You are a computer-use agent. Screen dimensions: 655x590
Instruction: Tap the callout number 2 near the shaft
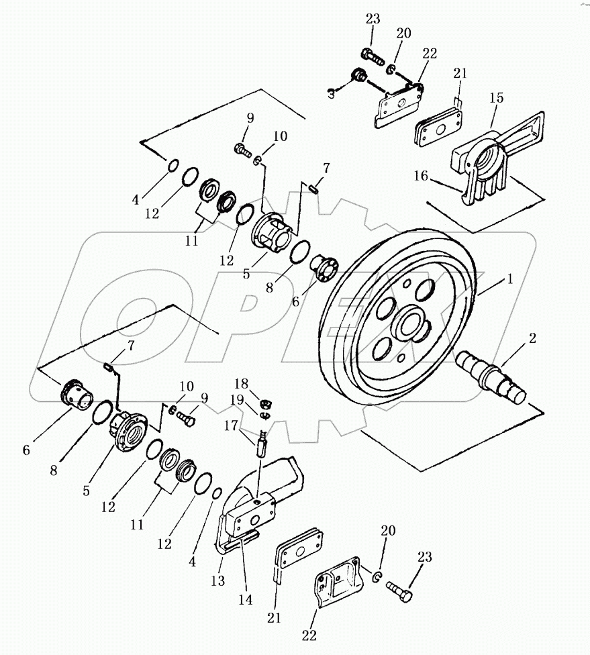tap(532, 338)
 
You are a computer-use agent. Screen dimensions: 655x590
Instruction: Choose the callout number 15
tap(496, 98)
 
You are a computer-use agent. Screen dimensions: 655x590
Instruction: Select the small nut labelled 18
tap(265, 403)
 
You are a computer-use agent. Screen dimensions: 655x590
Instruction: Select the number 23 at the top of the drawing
tap(373, 19)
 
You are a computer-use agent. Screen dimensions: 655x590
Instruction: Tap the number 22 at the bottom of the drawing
tap(309, 634)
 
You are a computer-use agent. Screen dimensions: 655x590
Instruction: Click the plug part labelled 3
tap(360, 78)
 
